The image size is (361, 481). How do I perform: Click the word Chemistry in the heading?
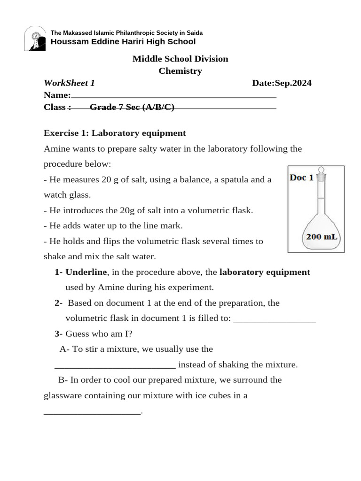coord(180,71)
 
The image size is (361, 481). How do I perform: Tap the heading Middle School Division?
coord(180,59)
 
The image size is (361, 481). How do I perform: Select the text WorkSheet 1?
coord(69,83)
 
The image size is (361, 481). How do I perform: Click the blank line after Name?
coord(173,96)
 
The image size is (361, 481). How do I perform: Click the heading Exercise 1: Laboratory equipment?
coord(115,133)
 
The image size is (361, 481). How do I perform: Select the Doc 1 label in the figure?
coord(301,178)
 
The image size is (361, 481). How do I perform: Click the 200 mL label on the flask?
coord(322,237)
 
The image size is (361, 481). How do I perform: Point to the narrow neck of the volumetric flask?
coord(322,197)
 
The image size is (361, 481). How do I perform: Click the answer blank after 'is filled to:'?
coord(274,319)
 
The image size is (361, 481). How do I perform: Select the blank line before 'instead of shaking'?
coord(115,365)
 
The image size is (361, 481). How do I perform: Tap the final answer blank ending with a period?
coord(92,411)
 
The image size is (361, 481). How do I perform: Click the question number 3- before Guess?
coord(59,334)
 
